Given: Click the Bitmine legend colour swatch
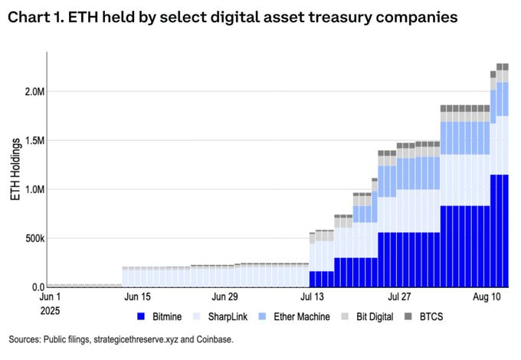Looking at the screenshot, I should tap(141, 316).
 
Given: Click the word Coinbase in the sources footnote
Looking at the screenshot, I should tap(212, 339).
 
